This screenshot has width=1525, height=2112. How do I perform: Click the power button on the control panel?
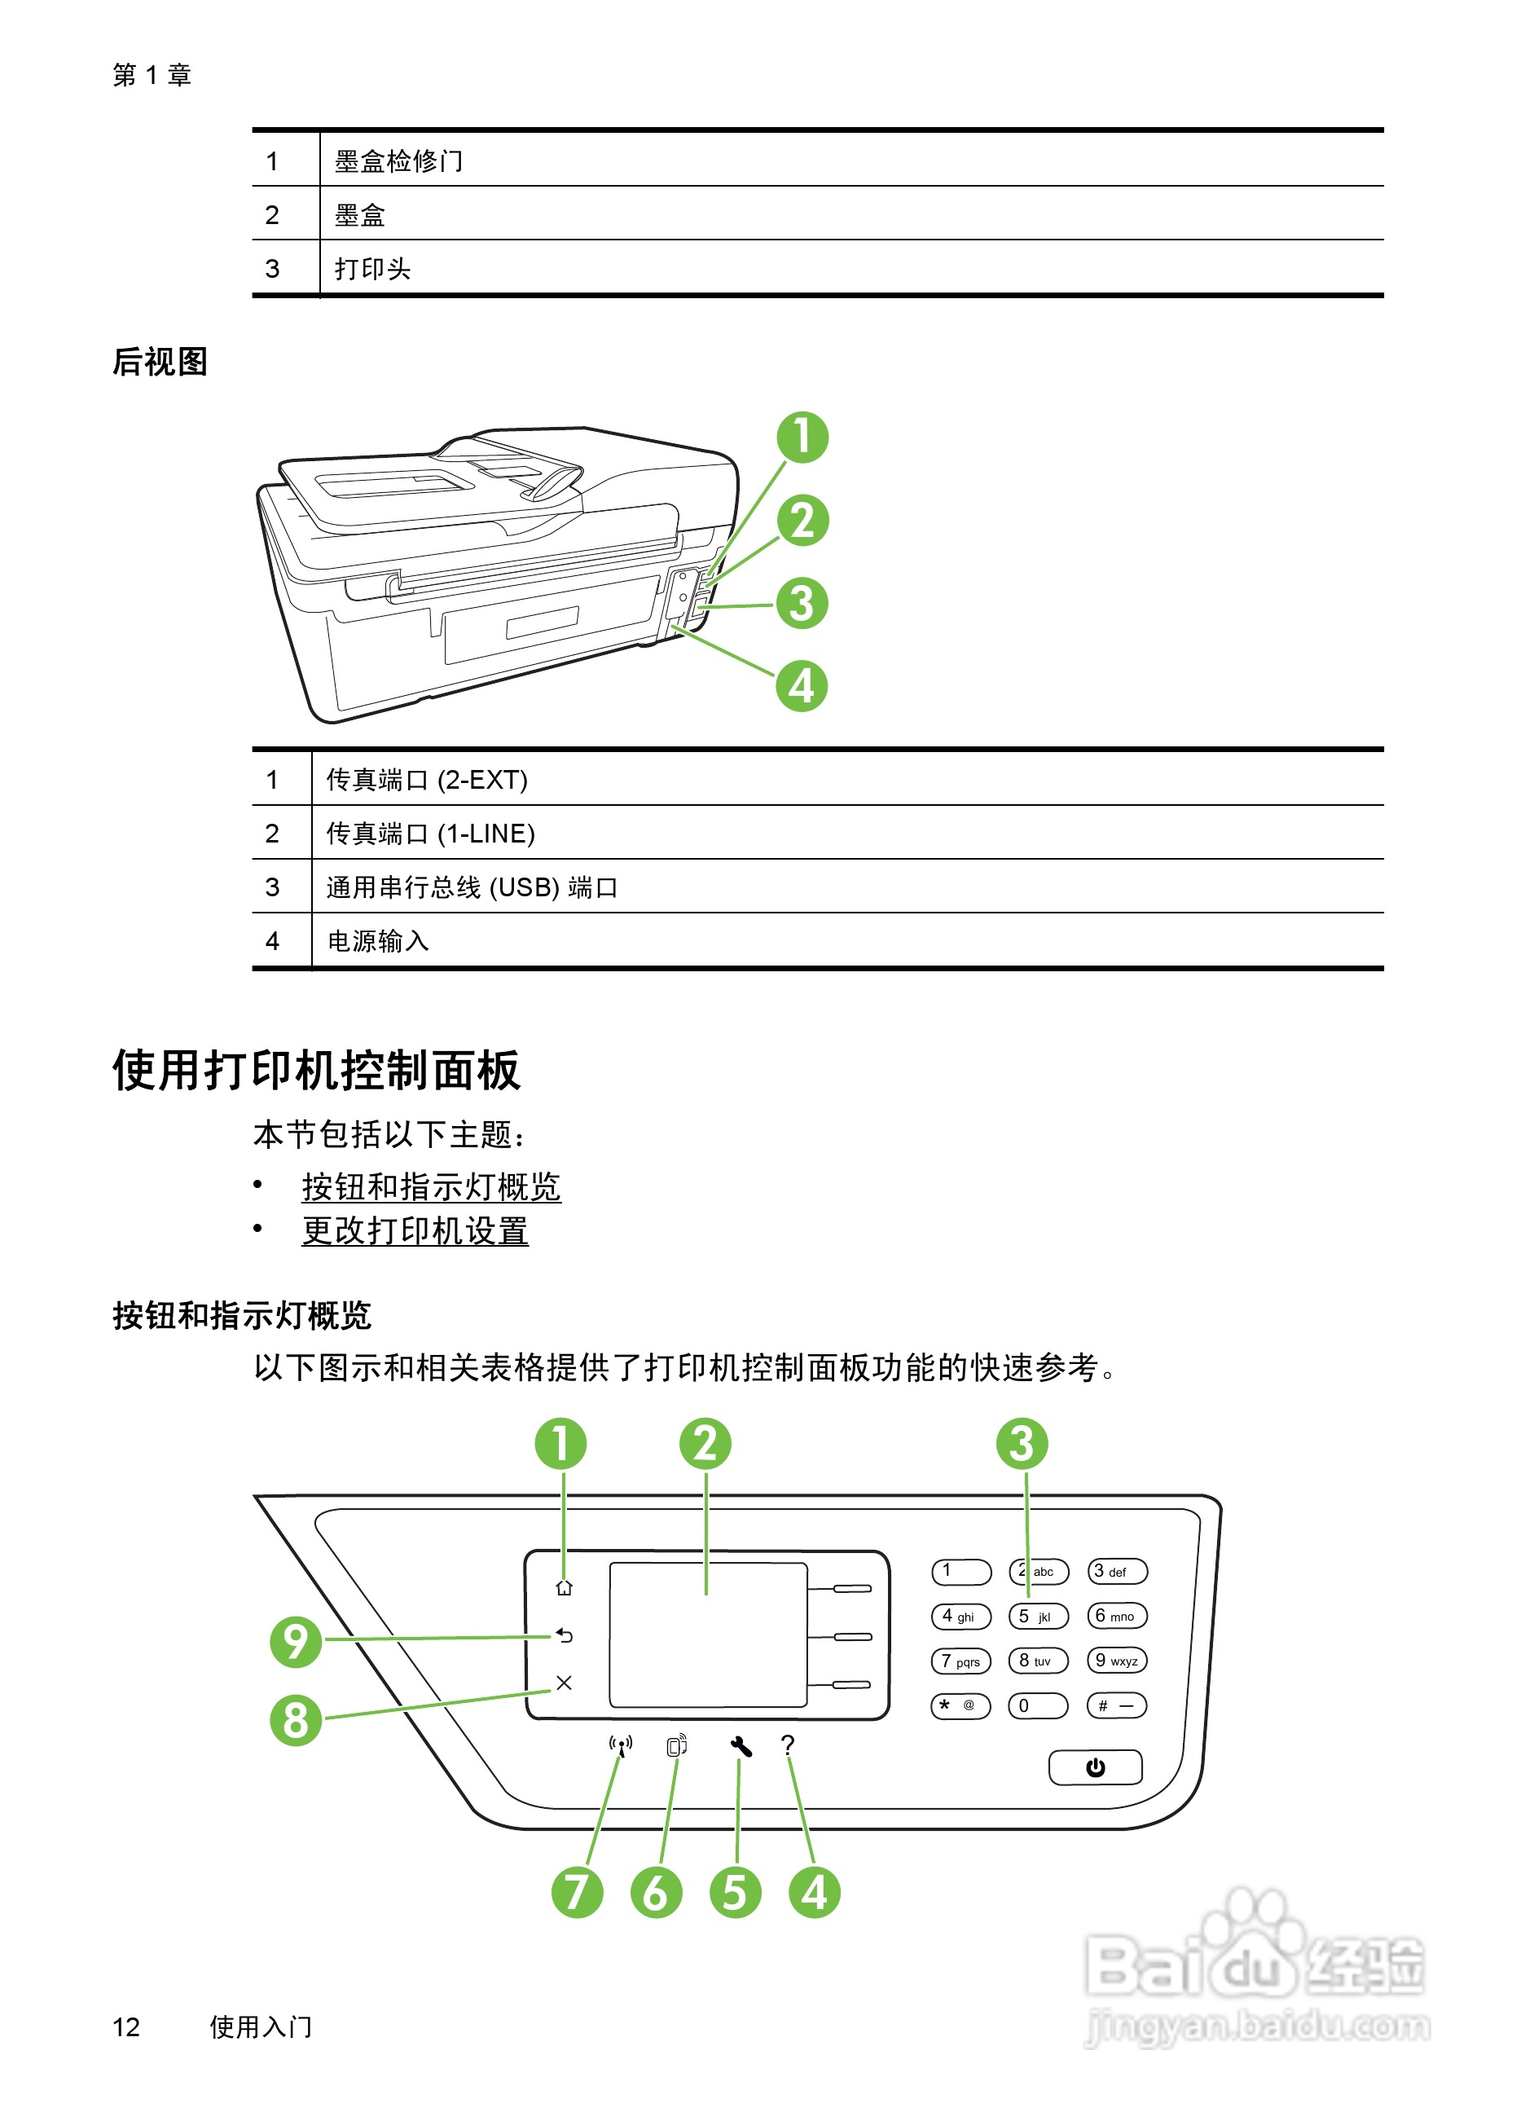[x=1095, y=1767]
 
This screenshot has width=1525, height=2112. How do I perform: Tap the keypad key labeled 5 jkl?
[x=1038, y=1616]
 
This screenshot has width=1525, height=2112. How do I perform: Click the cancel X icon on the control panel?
[x=565, y=1683]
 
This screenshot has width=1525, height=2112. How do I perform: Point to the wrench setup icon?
[x=741, y=1746]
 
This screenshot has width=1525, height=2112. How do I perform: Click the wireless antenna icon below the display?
[x=621, y=1745]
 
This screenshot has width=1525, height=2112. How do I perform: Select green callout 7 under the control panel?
[x=578, y=1892]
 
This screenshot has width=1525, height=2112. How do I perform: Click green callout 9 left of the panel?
[x=296, y=1641]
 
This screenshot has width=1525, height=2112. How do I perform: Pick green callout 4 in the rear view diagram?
[x=802, y=686]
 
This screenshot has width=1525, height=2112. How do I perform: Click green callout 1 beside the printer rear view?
[x=802, y=438]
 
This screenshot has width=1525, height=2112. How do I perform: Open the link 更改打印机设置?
[x=415, y=1231]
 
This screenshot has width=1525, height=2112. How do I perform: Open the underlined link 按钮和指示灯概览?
[x=431, y=1187]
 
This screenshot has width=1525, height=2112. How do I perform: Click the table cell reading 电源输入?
[x=378, y=941]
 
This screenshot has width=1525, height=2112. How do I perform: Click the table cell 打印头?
[x=372, y=269]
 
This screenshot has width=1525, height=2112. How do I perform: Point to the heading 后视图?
[x=160, y=361]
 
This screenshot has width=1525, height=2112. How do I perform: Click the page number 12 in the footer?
[x=125, y=2026]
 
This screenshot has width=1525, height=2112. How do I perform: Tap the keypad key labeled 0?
[x=1037, y=1705]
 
